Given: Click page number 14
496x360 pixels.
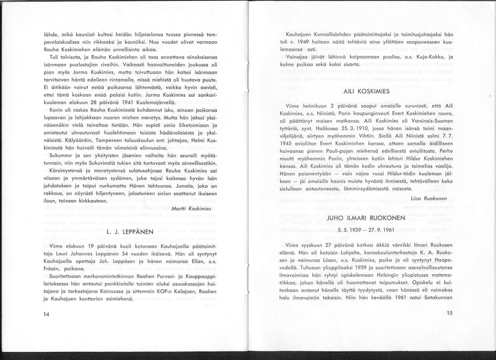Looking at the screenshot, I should pyautogui.click(x=46, y=314).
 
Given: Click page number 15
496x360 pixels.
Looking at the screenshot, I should pyautogui.click(x=449, y=313).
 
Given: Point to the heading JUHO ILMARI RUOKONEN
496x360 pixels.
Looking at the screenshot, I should pyautogui.click(x=366, y=218).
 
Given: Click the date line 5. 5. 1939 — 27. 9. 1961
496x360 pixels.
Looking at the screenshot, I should pyautogui.click(x=366, y=230).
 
